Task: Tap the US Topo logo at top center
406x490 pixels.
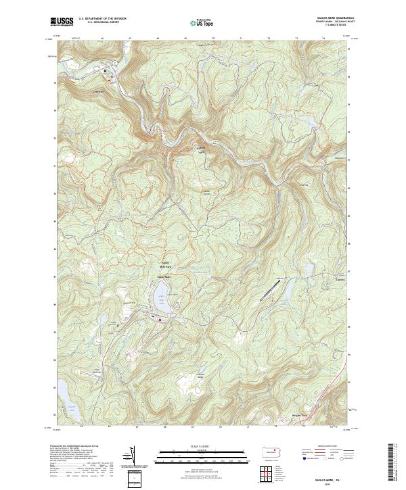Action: [202, 22]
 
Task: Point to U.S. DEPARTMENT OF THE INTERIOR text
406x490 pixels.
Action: [102, 19]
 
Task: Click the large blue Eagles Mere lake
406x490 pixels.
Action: [162, 295]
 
